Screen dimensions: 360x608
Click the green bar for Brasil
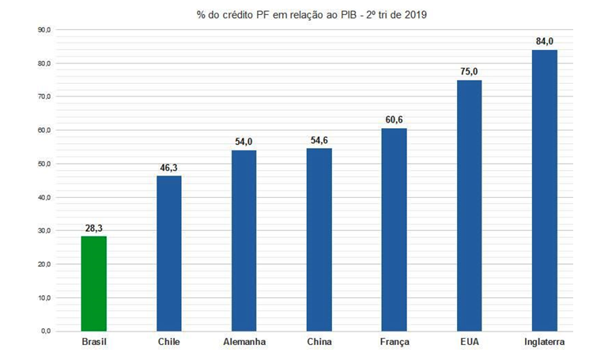93,283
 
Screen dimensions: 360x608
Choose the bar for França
394,229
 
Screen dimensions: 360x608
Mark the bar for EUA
469,205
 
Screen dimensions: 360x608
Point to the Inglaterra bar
544,190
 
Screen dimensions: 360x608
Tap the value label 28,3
93,228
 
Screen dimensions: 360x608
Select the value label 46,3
169,168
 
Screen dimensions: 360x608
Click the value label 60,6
394,120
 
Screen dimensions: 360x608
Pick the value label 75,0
469,72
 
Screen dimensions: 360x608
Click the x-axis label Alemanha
244,343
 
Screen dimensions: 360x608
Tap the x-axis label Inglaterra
544,343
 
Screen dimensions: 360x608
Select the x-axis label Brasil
93,343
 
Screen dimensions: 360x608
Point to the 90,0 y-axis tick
44,30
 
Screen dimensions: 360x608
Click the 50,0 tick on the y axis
44,164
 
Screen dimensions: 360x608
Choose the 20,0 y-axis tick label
44,264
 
